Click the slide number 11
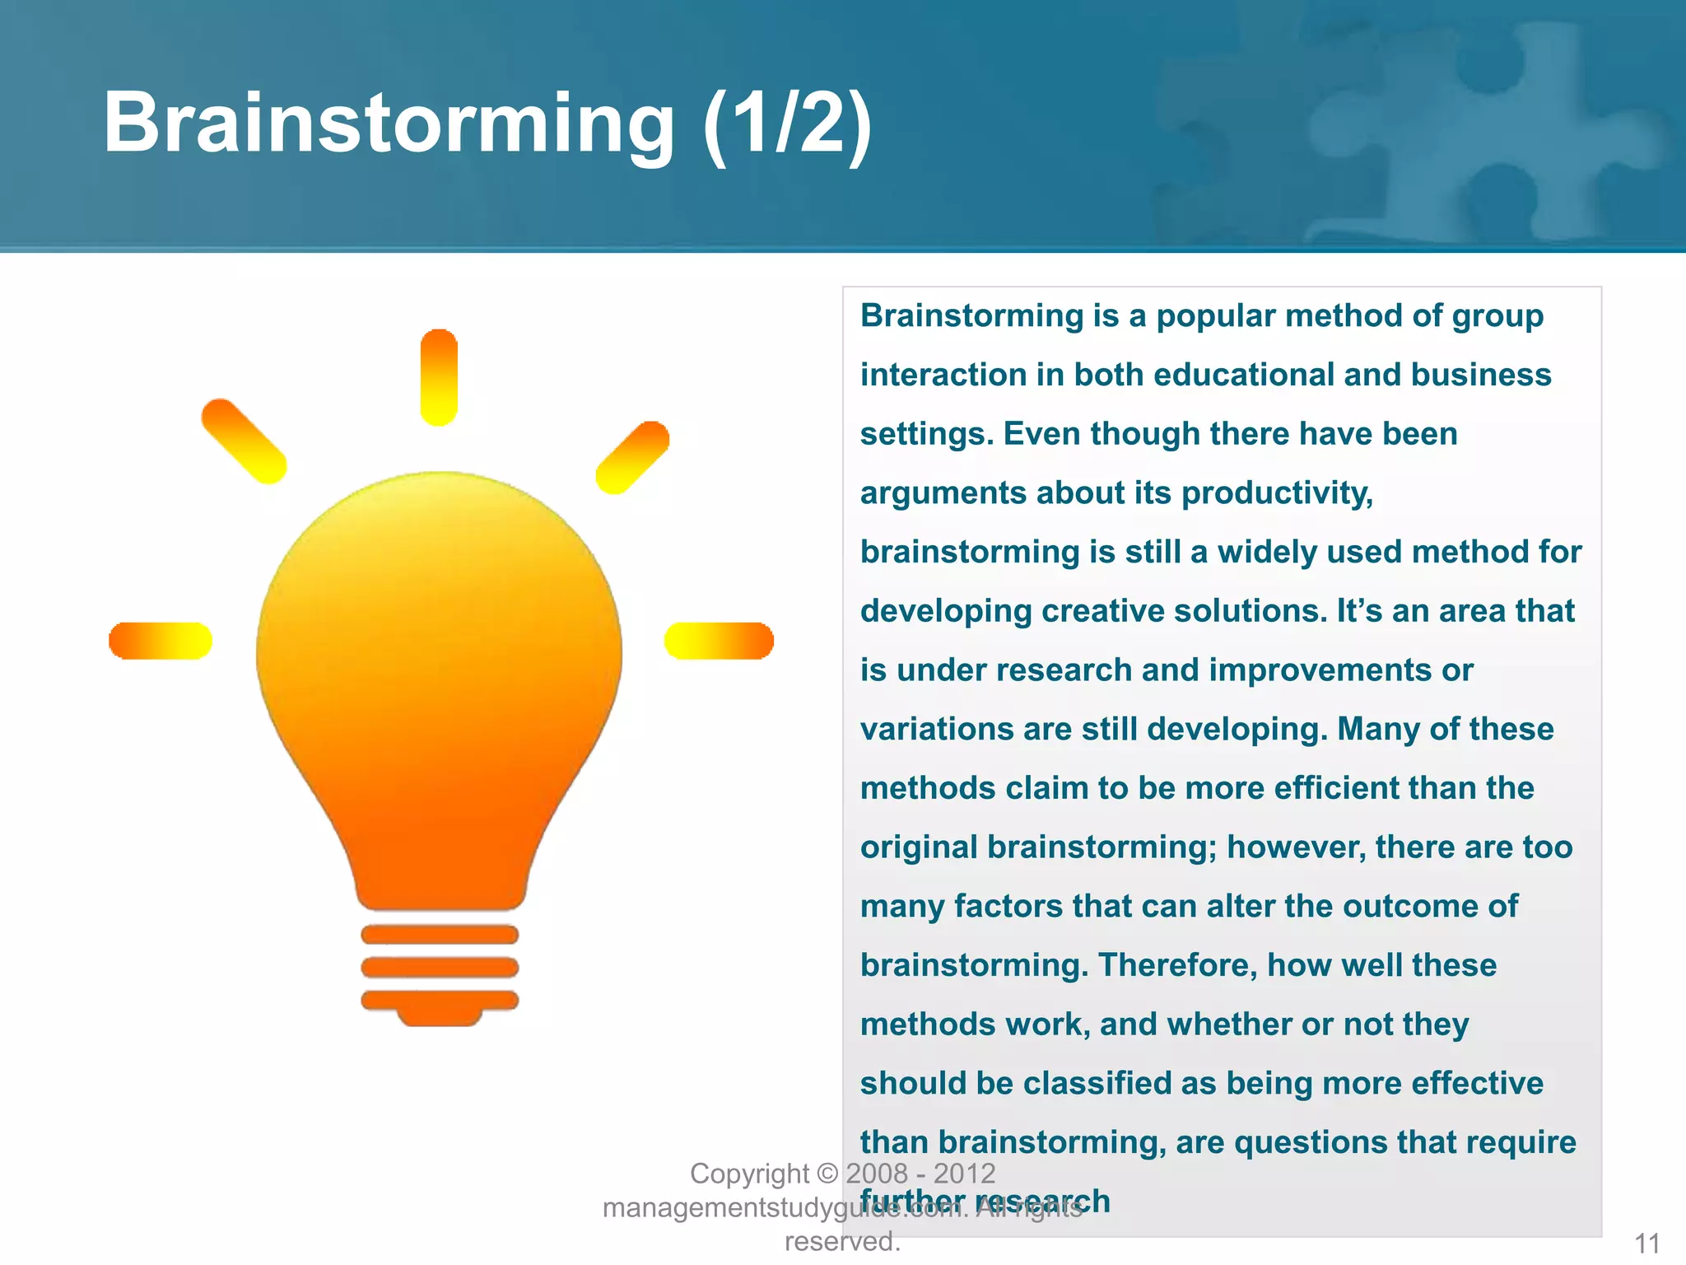(1647, 1243)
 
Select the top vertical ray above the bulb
(439, 377)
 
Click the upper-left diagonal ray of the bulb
(244, 441)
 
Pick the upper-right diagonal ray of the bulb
(632, 457)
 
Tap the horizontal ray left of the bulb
(161, 641)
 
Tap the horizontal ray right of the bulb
(719, 641)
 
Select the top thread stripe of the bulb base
(440, 934)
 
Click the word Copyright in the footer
(749, 1174)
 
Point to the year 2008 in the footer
(877, 1174)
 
